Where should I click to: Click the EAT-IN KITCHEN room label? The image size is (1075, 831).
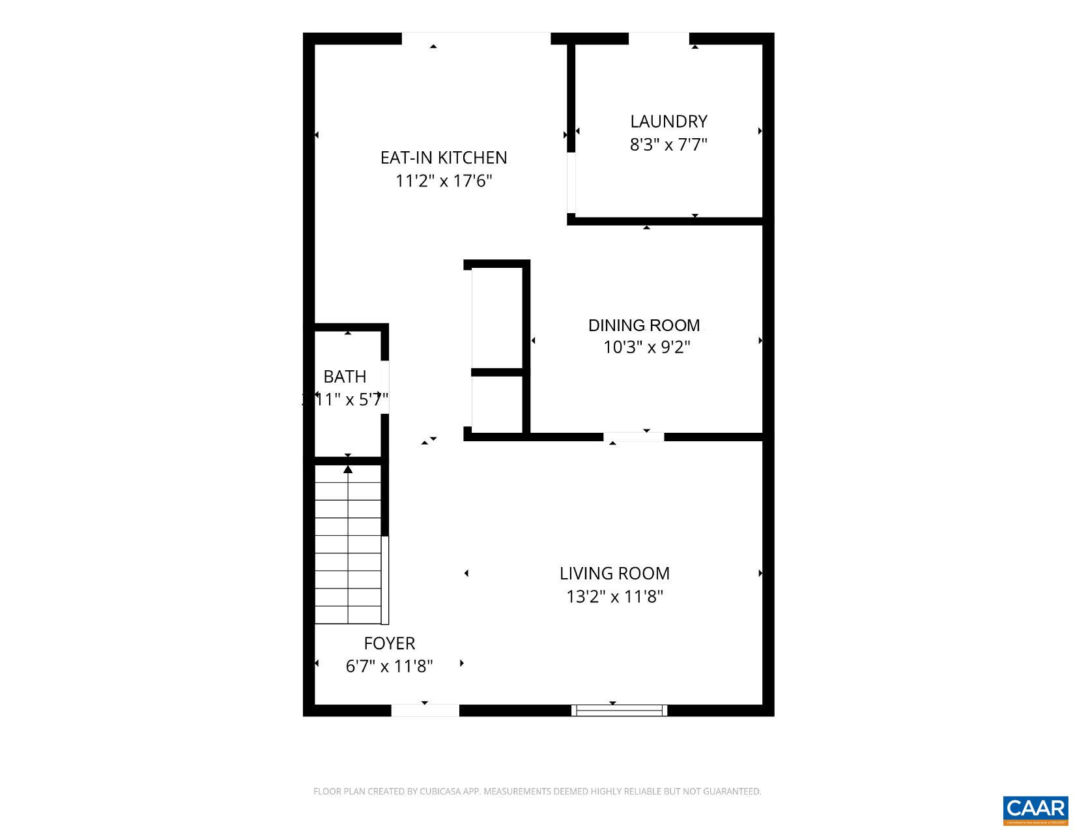(x=444, y=158)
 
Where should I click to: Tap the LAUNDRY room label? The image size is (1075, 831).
(x=668, y=121)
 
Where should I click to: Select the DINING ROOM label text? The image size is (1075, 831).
(x=644, y=325)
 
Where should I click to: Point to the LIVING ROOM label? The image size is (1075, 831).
(x=614, y=574)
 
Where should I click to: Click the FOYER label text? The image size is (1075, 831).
(x=389, y=643)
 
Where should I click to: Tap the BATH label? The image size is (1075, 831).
(x=345, y=377)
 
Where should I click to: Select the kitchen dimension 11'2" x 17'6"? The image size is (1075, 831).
(x=444, y=181)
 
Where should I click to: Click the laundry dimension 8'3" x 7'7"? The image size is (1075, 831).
(x=668, y=144)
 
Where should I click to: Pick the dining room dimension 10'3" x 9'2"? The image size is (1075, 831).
(x=646, y=347)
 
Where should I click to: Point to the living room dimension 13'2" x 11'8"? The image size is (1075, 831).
(x=614, y=596)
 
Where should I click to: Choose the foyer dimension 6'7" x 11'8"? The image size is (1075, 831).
(x=389, y=666)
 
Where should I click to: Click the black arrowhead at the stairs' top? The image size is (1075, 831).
(x=348, y=469)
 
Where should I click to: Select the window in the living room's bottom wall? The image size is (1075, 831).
(x=619, y=710)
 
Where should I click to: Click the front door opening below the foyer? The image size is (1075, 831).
(x=425, y=710)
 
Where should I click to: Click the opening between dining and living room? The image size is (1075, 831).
(x=633, y=437)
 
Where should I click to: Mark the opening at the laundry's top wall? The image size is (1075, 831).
(x=659, y=38)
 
